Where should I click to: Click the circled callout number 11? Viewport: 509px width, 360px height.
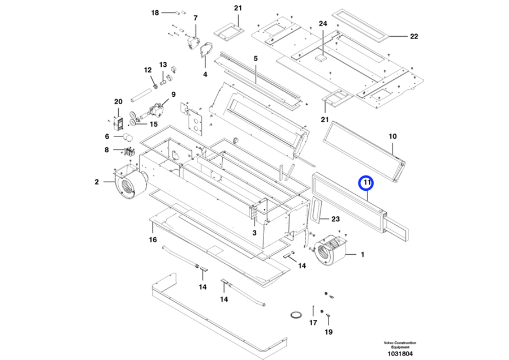click(x=367, y=183)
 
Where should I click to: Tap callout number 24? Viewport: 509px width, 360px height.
click(x=323, y=24)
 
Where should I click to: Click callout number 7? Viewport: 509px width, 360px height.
click(x=196, y=18)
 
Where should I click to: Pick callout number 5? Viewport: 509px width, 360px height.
click(x=255, y=58)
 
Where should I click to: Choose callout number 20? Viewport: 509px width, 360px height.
click(x=118, y=102)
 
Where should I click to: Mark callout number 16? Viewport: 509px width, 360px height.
click(x=153, y=240)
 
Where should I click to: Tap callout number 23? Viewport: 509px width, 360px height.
click(x=335, y=218)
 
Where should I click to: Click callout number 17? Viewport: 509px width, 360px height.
click(x=313, y=323)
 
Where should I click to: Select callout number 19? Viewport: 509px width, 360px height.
click(x=329, y=332)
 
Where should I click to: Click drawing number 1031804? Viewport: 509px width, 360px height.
click(x=400, y=354)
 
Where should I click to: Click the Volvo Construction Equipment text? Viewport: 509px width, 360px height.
click(x=400, y=345)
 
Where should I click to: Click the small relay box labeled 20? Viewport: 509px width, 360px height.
click(x=119, y=123)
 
